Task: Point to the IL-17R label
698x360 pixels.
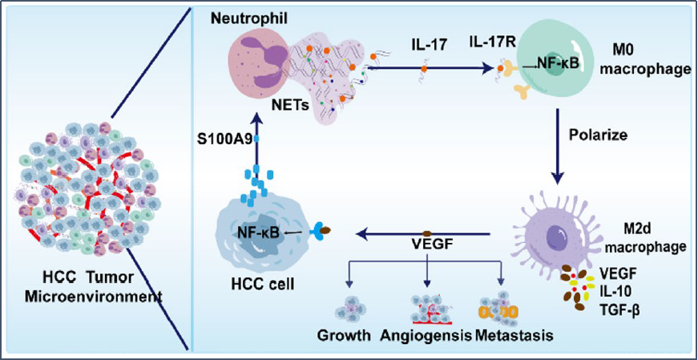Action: (x=489, y=46)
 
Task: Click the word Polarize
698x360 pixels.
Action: (x=598, y=135)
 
